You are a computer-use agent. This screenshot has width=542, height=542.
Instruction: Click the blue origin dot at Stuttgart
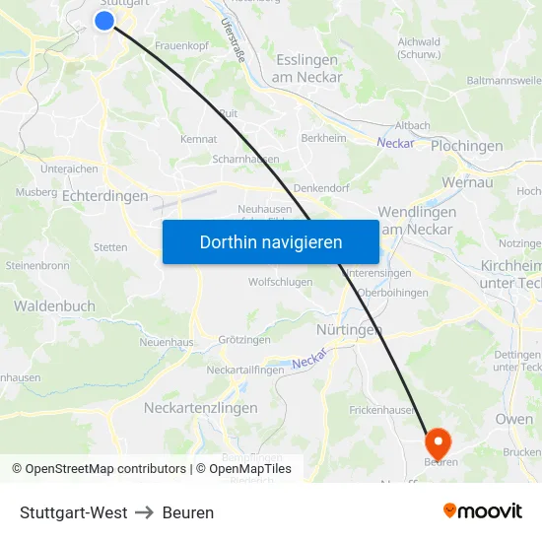pos(105,21)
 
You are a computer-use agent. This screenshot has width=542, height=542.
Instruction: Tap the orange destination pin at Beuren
pos(437,440)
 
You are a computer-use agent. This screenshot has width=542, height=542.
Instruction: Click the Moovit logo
pos(482,511)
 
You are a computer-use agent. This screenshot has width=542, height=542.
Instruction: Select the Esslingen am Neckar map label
pos(307,68)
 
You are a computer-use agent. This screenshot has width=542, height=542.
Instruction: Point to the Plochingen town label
pos(466,146)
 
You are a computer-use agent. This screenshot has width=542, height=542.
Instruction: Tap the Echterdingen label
pos(104,196)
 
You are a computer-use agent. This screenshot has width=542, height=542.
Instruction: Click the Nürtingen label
pos(349,330)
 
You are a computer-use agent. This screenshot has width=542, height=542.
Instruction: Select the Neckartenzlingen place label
pos(200,408)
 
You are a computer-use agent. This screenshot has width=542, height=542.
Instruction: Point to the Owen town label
pos(513,419)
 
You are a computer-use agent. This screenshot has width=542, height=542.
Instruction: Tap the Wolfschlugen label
pos(280,282)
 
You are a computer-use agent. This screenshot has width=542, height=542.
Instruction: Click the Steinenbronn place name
pos(36,266)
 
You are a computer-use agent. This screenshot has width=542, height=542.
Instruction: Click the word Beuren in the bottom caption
pos(188,512)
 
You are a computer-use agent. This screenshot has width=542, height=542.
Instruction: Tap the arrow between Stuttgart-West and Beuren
pos(145,512)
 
